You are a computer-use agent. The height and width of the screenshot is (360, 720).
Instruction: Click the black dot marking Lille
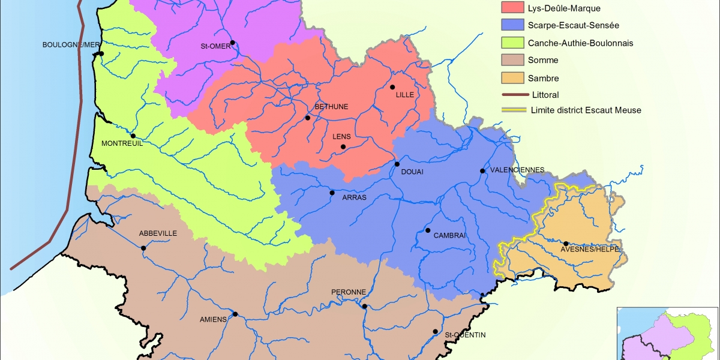392,87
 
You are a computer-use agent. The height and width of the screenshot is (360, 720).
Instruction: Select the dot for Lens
343,147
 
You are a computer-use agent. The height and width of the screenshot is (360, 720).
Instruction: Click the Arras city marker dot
332,193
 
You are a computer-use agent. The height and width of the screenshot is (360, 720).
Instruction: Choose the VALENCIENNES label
517,170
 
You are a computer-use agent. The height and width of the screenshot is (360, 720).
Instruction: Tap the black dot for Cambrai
428,230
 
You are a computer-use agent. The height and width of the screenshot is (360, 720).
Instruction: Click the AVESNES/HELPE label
589,250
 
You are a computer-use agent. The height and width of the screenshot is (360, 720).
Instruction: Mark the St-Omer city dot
232,43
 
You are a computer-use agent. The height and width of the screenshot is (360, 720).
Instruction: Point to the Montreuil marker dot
133,136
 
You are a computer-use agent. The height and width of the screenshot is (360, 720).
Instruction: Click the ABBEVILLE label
157,233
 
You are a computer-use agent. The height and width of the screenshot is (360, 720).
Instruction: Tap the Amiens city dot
235,314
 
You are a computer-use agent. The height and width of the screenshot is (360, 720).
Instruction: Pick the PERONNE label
349,292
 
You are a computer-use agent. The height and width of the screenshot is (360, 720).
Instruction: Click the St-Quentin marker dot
435,332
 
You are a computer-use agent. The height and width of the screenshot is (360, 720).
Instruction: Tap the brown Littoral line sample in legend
514,95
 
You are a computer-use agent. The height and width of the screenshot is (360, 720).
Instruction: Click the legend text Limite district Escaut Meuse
586,110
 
